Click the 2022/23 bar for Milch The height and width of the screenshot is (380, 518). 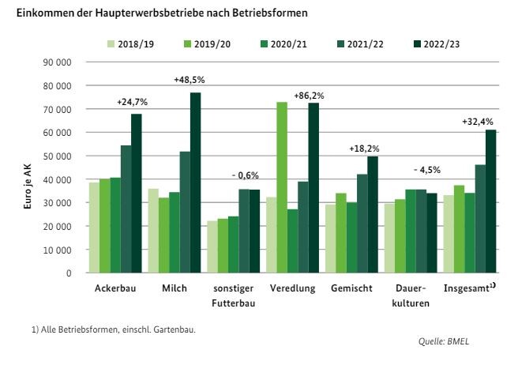coord(195,182)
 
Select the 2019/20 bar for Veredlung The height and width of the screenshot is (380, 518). coord(282,187)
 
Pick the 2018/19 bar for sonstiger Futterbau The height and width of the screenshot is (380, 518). coord(212,246)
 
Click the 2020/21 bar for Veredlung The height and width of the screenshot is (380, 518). coord(293,241)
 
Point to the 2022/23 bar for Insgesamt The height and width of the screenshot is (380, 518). coord(491,201)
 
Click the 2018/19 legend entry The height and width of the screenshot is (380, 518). coord(132,43)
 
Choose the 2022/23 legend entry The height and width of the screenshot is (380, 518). coord(435,43)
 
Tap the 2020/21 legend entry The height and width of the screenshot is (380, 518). coord(283,43)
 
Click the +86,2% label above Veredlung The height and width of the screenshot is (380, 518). coord(309,96)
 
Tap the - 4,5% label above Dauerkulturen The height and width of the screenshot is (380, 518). coord(427,170)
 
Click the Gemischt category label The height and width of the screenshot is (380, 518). coord(351,289)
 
